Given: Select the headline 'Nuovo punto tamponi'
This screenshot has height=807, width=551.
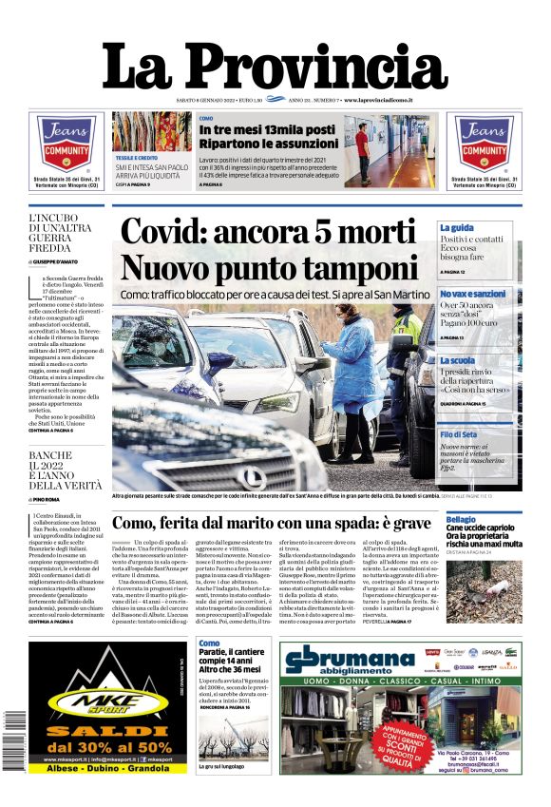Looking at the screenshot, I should click(269, 267).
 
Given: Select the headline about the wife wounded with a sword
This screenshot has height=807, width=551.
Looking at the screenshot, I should click(272, 523).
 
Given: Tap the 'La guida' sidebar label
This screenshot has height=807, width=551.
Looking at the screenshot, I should click(457, 228).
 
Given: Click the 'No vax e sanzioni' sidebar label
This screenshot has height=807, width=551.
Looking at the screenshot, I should click(472, 295).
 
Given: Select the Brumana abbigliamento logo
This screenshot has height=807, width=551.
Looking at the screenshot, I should click(347, 659).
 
